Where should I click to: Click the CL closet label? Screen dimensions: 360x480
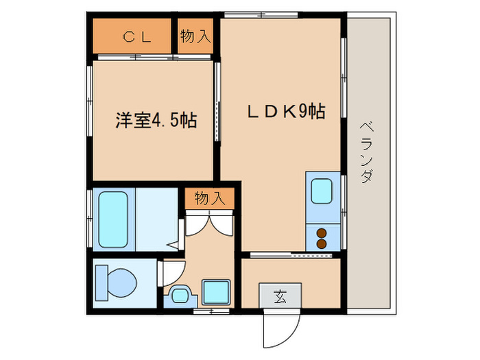pyautogui.click(x=137, y=38)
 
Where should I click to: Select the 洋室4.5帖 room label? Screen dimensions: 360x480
pyautogui.click(x=156, y=121)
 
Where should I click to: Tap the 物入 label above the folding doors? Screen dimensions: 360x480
pyautogui.click(x=210, y=198)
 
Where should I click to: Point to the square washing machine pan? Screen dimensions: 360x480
pyautogui.click(x=215, y=293)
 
